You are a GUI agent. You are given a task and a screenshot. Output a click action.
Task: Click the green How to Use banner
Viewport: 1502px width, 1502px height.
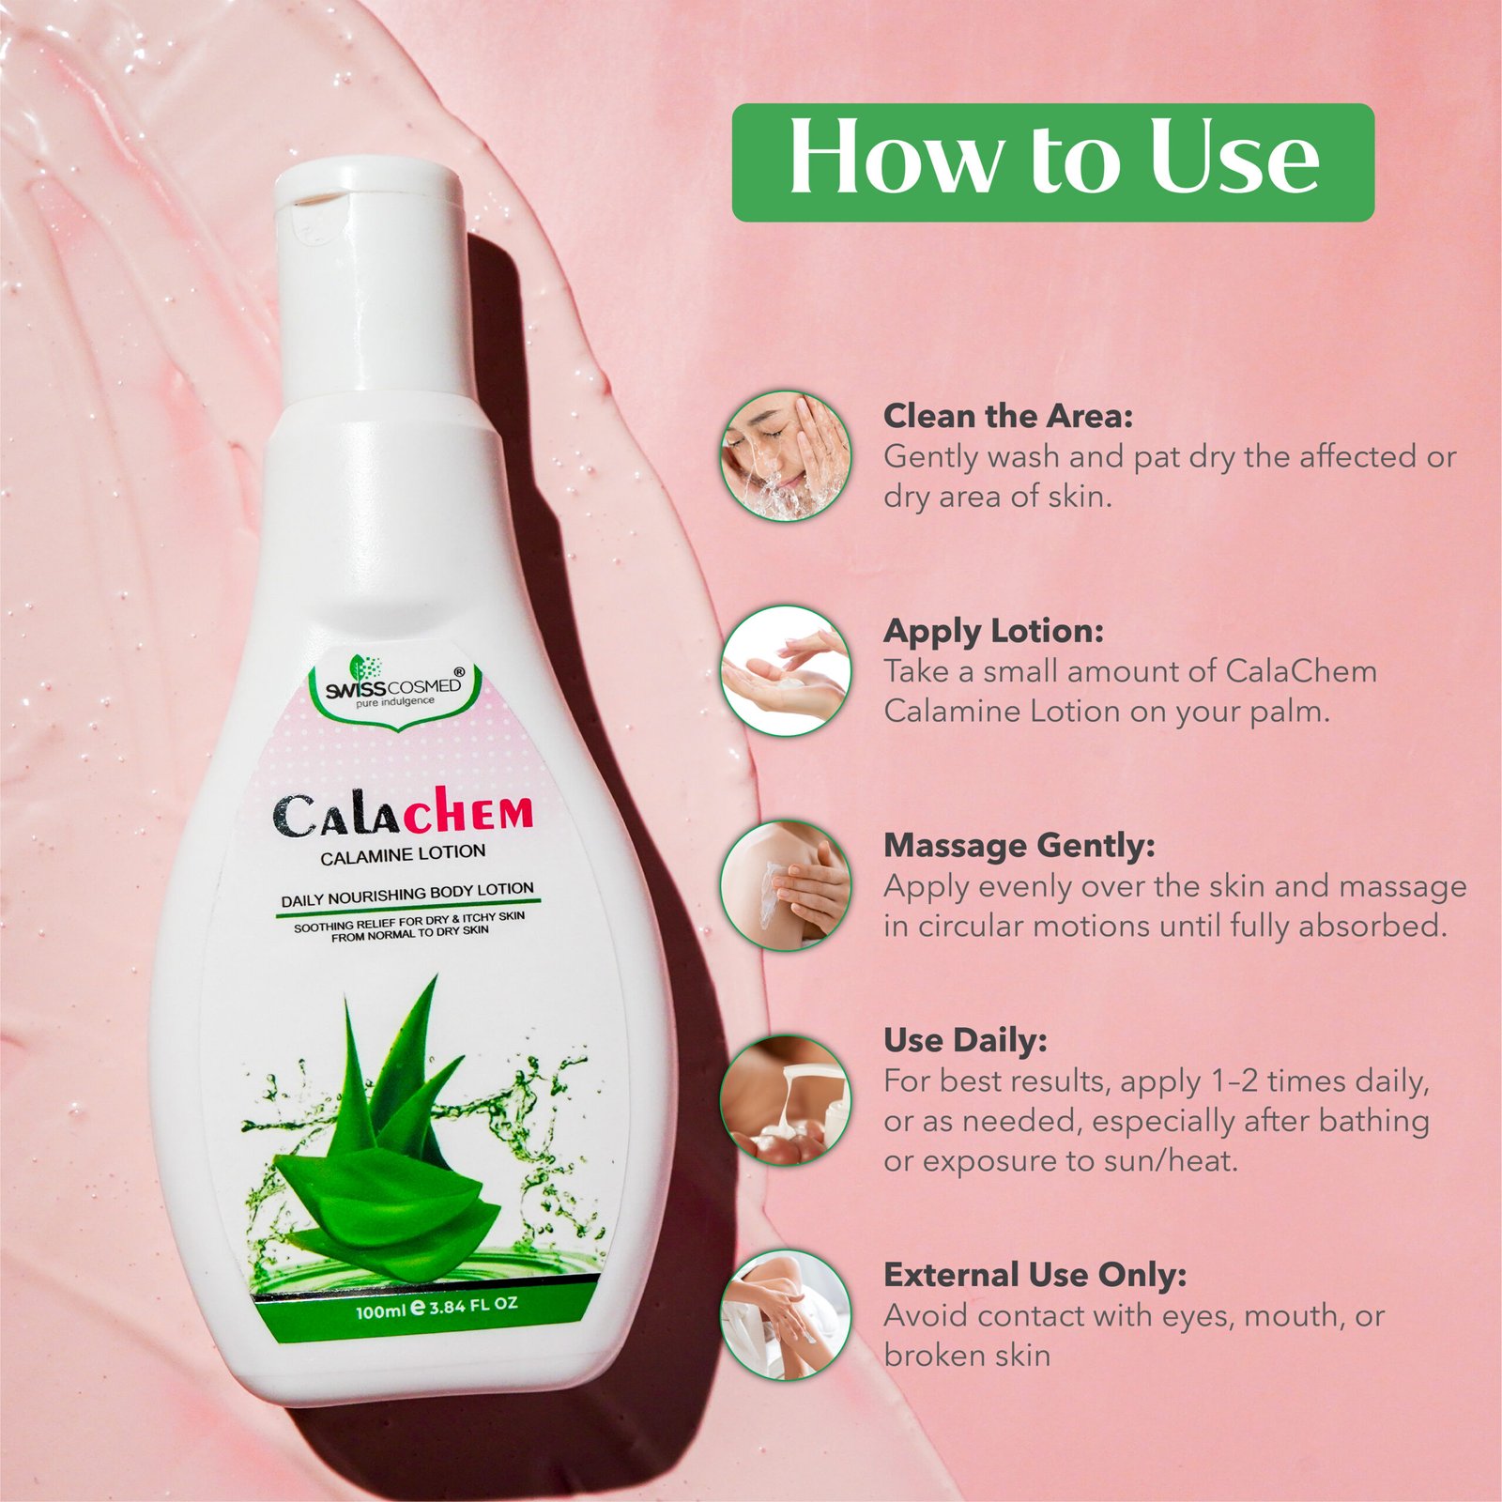(1052, 162)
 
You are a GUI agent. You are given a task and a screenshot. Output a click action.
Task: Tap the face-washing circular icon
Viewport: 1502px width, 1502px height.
(786, 456)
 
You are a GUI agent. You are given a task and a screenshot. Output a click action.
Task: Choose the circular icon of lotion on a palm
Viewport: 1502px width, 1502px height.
(786, 670)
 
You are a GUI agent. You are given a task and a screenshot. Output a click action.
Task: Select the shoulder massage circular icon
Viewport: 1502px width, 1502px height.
(786, 885)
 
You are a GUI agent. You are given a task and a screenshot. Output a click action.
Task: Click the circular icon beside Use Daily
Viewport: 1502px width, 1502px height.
(786, 1100)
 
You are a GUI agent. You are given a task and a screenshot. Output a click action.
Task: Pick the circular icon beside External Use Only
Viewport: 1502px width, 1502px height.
(786, 1315)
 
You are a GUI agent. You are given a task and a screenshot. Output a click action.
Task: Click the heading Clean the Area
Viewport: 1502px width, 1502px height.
(1008, 416)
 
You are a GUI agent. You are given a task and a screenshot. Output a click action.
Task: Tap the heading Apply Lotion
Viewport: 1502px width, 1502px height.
(993, 632)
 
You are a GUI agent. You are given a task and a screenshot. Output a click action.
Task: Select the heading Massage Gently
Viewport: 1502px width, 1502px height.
(1019, 846)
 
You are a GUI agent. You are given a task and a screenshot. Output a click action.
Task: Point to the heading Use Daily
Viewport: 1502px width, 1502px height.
(965, 1041)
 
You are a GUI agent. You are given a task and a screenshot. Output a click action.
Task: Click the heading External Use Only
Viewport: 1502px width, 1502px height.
(1035, 1275)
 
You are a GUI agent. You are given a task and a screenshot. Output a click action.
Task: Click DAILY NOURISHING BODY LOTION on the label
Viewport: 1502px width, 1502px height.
(407, 895)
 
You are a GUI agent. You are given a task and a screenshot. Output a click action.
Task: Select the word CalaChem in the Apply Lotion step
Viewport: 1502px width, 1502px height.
(1301, 671)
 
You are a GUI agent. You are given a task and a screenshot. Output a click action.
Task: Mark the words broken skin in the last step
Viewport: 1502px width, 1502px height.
(967, 1356)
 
